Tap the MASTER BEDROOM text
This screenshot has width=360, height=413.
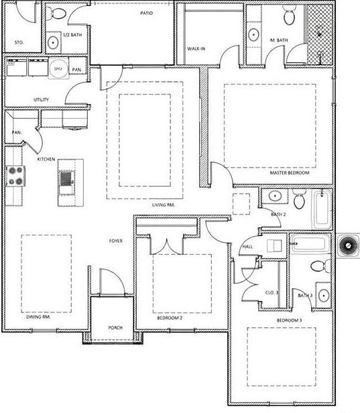click(290, 172)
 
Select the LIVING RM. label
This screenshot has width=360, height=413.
click(163, 204)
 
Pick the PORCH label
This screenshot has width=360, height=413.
click(115, 329)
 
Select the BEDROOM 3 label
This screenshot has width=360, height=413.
click(290, 320)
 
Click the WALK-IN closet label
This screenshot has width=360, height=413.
click(196, 49)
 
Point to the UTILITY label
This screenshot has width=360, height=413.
click(42, 100)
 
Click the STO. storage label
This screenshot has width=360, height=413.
click(19, 42)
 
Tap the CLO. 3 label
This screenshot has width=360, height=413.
click(272, 292)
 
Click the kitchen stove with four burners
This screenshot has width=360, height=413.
click(15, 176)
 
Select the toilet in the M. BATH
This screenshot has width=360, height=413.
click(289, 14)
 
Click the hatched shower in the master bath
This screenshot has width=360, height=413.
click(322, 32)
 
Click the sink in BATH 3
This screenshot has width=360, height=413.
click(323, 295)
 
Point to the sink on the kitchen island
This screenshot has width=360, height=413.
click(66, 178)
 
